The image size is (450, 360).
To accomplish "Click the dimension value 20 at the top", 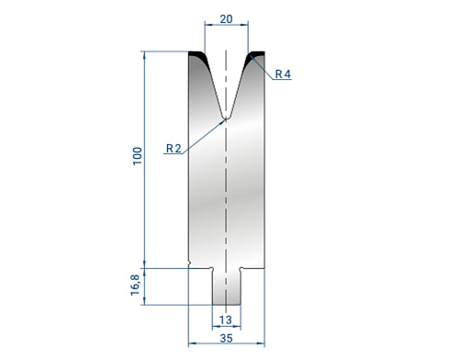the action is pos(226,19).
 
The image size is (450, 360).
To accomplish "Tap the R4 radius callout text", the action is pos(283,73).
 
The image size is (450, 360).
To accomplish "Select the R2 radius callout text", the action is pos(174,149).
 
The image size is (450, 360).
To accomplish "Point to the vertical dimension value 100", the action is pos(138,156).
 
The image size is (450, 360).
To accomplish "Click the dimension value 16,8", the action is pos(135,285).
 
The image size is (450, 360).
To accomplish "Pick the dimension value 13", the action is pos(226,320).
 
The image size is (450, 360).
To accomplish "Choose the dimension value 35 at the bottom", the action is pos(226,338).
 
